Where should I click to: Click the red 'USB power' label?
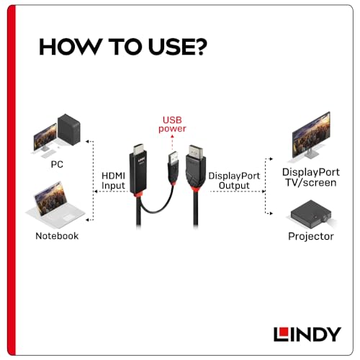[x=174, y=123]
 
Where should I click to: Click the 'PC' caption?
[x=56, y=164]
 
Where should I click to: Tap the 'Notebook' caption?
[x=56, y=235]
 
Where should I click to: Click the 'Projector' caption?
[x=310, y=235]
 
